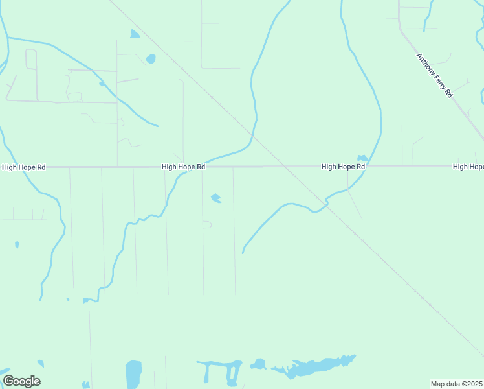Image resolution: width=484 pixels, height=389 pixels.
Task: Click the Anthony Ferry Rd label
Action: click(434, 75)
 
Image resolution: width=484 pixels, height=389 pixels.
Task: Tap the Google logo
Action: click(21, 381)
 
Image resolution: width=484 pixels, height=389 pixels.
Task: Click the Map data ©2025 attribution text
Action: click(457, 384)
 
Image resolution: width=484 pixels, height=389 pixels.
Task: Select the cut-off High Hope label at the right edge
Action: click(468, 167)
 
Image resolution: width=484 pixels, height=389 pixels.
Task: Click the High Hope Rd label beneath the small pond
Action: click(343, 167)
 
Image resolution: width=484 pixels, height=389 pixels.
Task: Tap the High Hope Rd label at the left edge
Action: click(24, 167)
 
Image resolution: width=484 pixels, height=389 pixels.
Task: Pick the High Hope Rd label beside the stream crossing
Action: click(183, 167)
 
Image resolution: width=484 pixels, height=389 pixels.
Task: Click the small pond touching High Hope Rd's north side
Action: click(362, 158)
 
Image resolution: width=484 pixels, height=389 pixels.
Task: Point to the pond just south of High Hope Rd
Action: click(216, 198)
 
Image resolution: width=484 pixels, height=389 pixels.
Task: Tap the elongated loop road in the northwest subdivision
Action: click(31, 60)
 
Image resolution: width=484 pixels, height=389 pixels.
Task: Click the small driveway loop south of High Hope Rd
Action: click(207, 224)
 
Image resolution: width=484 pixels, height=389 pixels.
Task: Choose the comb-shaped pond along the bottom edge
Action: click(220, 370)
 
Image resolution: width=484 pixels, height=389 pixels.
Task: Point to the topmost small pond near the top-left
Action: click(134, 34)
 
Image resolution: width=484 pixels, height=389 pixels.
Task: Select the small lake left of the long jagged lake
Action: click(258, 364)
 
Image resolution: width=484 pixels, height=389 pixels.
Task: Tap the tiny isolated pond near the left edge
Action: click(17, 244)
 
